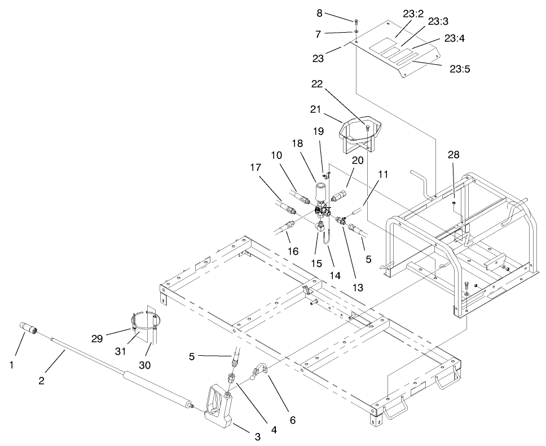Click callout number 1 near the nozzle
pyautogui.click(x=10, y=366)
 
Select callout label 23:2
pyautogui.click(x=413, y=15)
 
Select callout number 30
pyautogui.click(x=145, y=365)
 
